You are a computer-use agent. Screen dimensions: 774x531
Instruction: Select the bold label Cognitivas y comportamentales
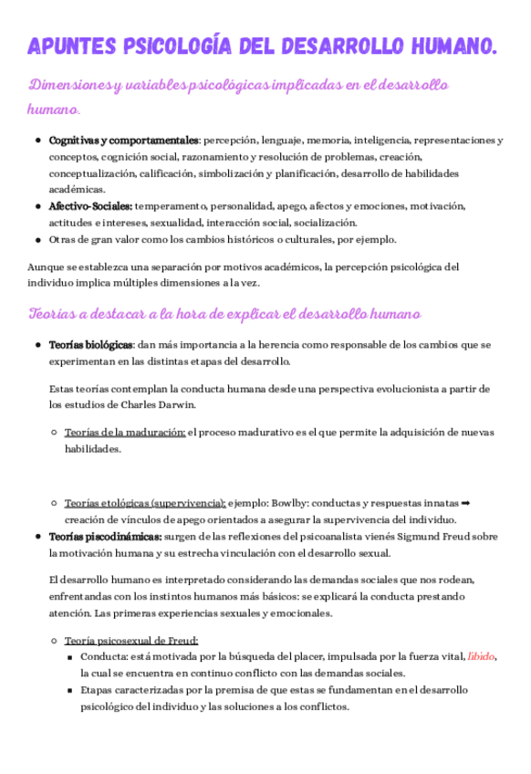point(123,141)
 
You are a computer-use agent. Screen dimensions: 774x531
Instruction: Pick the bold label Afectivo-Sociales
point(90,206)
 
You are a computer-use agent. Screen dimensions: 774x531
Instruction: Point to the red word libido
point(481,656)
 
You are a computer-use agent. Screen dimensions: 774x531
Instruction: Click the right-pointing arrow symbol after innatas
point(465,502)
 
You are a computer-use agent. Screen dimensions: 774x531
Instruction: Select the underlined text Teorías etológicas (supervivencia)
point(145,502)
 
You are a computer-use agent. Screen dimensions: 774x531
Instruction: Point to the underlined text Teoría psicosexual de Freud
point(131,640)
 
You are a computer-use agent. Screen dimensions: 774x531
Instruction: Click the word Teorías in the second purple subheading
point(54,314)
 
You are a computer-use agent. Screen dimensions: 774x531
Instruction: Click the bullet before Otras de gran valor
point(37,240)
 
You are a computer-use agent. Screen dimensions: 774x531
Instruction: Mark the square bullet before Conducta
point(70,656)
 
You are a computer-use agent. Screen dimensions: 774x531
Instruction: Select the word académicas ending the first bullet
point(77,189)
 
